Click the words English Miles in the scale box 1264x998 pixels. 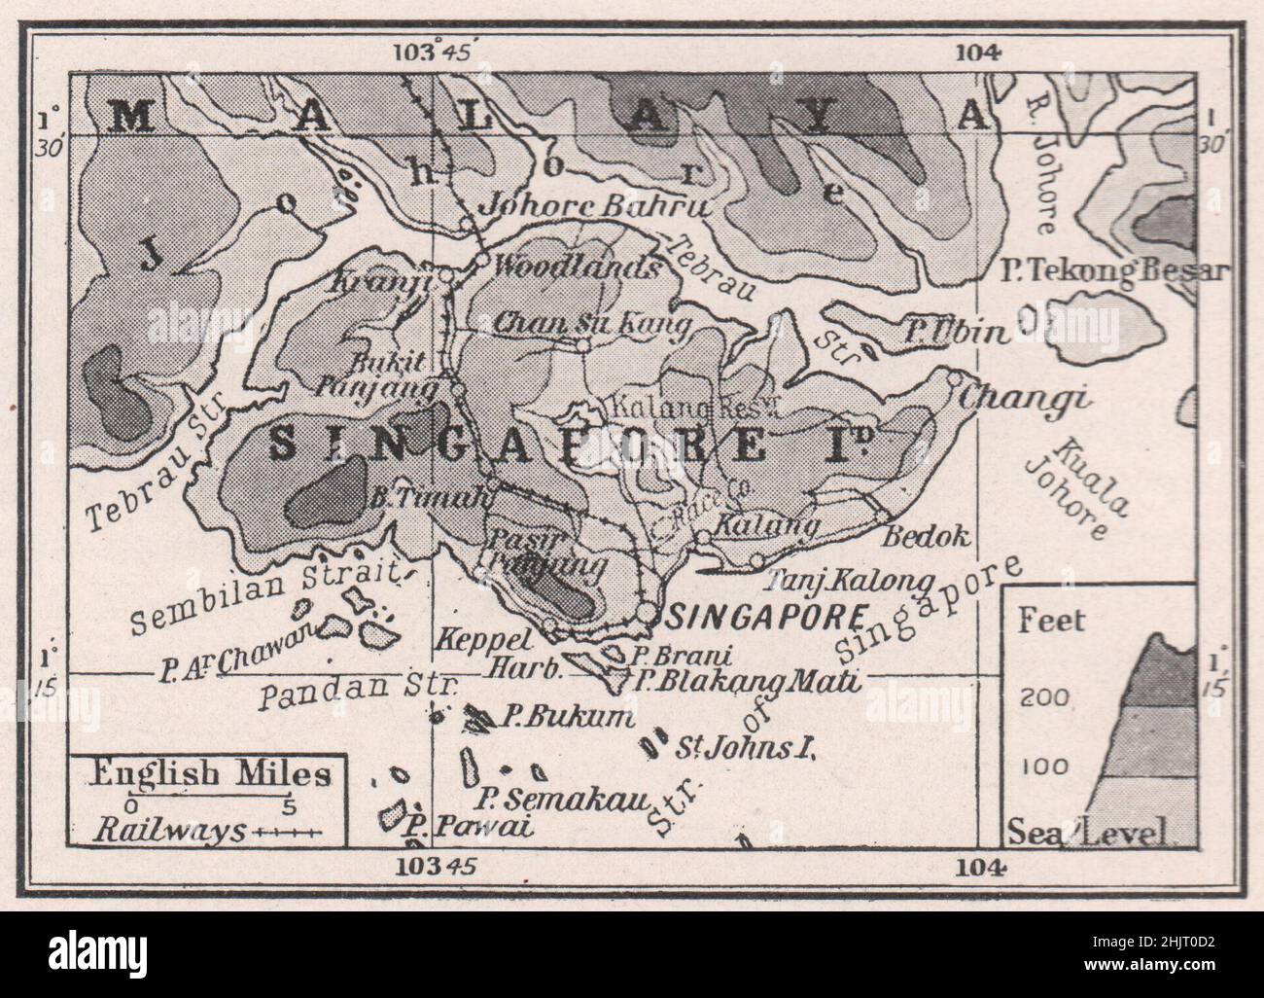coord(210,775)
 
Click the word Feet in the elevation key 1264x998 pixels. coord(1051,621)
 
